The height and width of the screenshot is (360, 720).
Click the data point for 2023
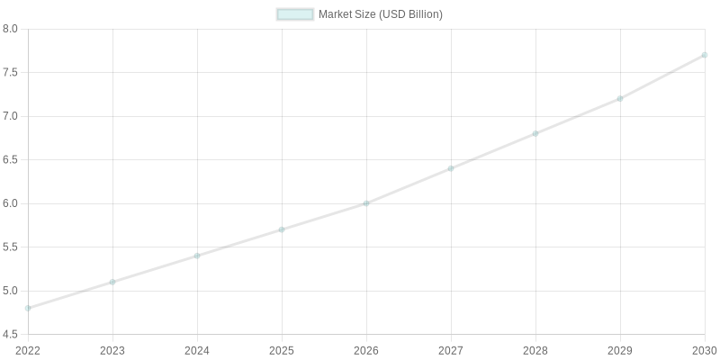pos(112,282)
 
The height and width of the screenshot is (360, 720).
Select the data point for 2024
pos(197,256)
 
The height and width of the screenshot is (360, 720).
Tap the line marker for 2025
pos(282,229)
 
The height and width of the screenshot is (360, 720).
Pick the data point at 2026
pos(366,203)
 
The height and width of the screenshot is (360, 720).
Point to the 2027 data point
pos(451,168)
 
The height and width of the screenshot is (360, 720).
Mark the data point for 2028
pos(535,133)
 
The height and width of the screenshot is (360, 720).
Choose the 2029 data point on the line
pos(620,98)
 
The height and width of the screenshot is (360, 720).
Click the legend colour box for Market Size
pos(295,14)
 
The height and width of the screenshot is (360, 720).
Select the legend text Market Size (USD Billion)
pos(381,14)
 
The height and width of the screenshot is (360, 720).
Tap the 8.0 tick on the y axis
pos(11,29)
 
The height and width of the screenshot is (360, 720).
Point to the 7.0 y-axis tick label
pos(11,116)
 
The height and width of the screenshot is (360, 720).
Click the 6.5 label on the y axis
pos(11,160)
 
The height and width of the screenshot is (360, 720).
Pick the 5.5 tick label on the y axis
pos(11,247)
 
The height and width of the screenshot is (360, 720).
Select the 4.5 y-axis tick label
pos(11,335)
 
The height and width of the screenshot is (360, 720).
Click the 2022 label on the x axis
pos(28,349)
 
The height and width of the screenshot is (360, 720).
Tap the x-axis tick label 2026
pos(366,349)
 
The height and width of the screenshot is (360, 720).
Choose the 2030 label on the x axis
pos(704,349)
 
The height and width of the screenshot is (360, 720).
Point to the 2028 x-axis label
pos(535,349)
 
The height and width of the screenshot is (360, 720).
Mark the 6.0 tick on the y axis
pos(11,203)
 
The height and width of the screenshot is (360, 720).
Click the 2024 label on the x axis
pos(197,349)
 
